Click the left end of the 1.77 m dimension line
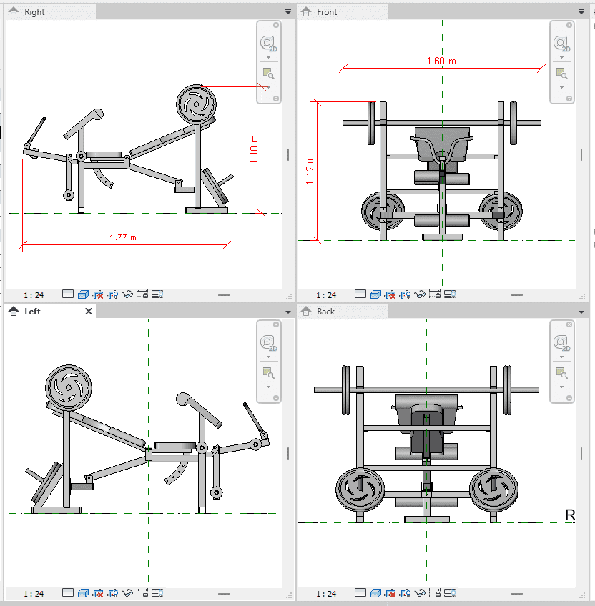pos(22,244)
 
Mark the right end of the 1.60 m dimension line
pos(541,69)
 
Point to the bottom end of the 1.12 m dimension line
pos(318,240)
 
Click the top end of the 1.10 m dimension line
pos(262,87)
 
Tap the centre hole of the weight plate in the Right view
pos(196,104)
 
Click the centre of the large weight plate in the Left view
pos(69,387)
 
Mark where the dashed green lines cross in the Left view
pos(149,513)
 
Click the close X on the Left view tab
pos(89,311)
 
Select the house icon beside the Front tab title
pos(306,12)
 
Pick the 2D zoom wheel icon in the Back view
pos(561,342)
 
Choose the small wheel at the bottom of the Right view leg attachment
pos(69,195)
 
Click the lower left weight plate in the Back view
pos(360,489)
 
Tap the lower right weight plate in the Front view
pos(501,211)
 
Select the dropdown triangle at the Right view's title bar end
pos(288,12)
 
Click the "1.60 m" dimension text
pos(441,61)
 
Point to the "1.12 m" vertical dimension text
pos(310,170)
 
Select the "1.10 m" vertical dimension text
pos(254,149)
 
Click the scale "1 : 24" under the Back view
pos(326,594)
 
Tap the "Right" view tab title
pos(34,12)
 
